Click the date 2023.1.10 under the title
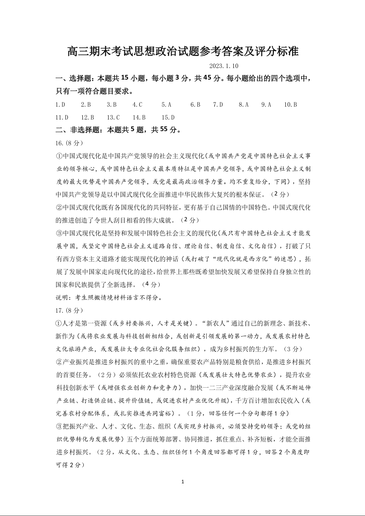(x=224, y=66)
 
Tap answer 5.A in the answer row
(x=166, y=105)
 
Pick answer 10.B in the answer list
(x=290, y=105)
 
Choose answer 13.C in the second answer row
(x=113, y=117)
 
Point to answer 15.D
(x=168, y=117)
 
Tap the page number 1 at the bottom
(x=183, y=482)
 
